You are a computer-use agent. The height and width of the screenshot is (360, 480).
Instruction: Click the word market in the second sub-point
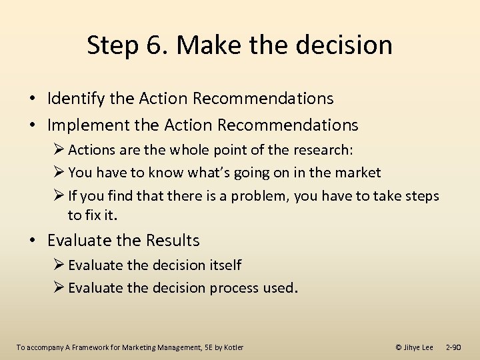point(355,173)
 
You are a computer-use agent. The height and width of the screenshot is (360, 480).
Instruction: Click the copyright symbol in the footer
point(399,347)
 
